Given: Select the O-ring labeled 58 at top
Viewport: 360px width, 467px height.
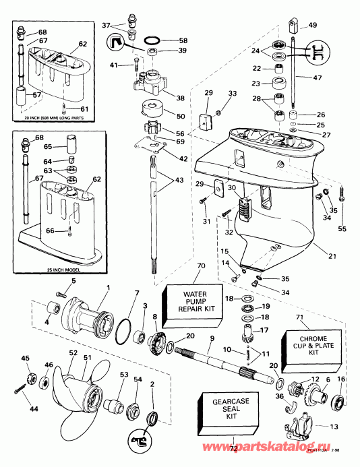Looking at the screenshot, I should (x=153, y=40).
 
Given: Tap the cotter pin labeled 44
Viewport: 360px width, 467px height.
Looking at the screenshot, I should (x=20, y=390).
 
